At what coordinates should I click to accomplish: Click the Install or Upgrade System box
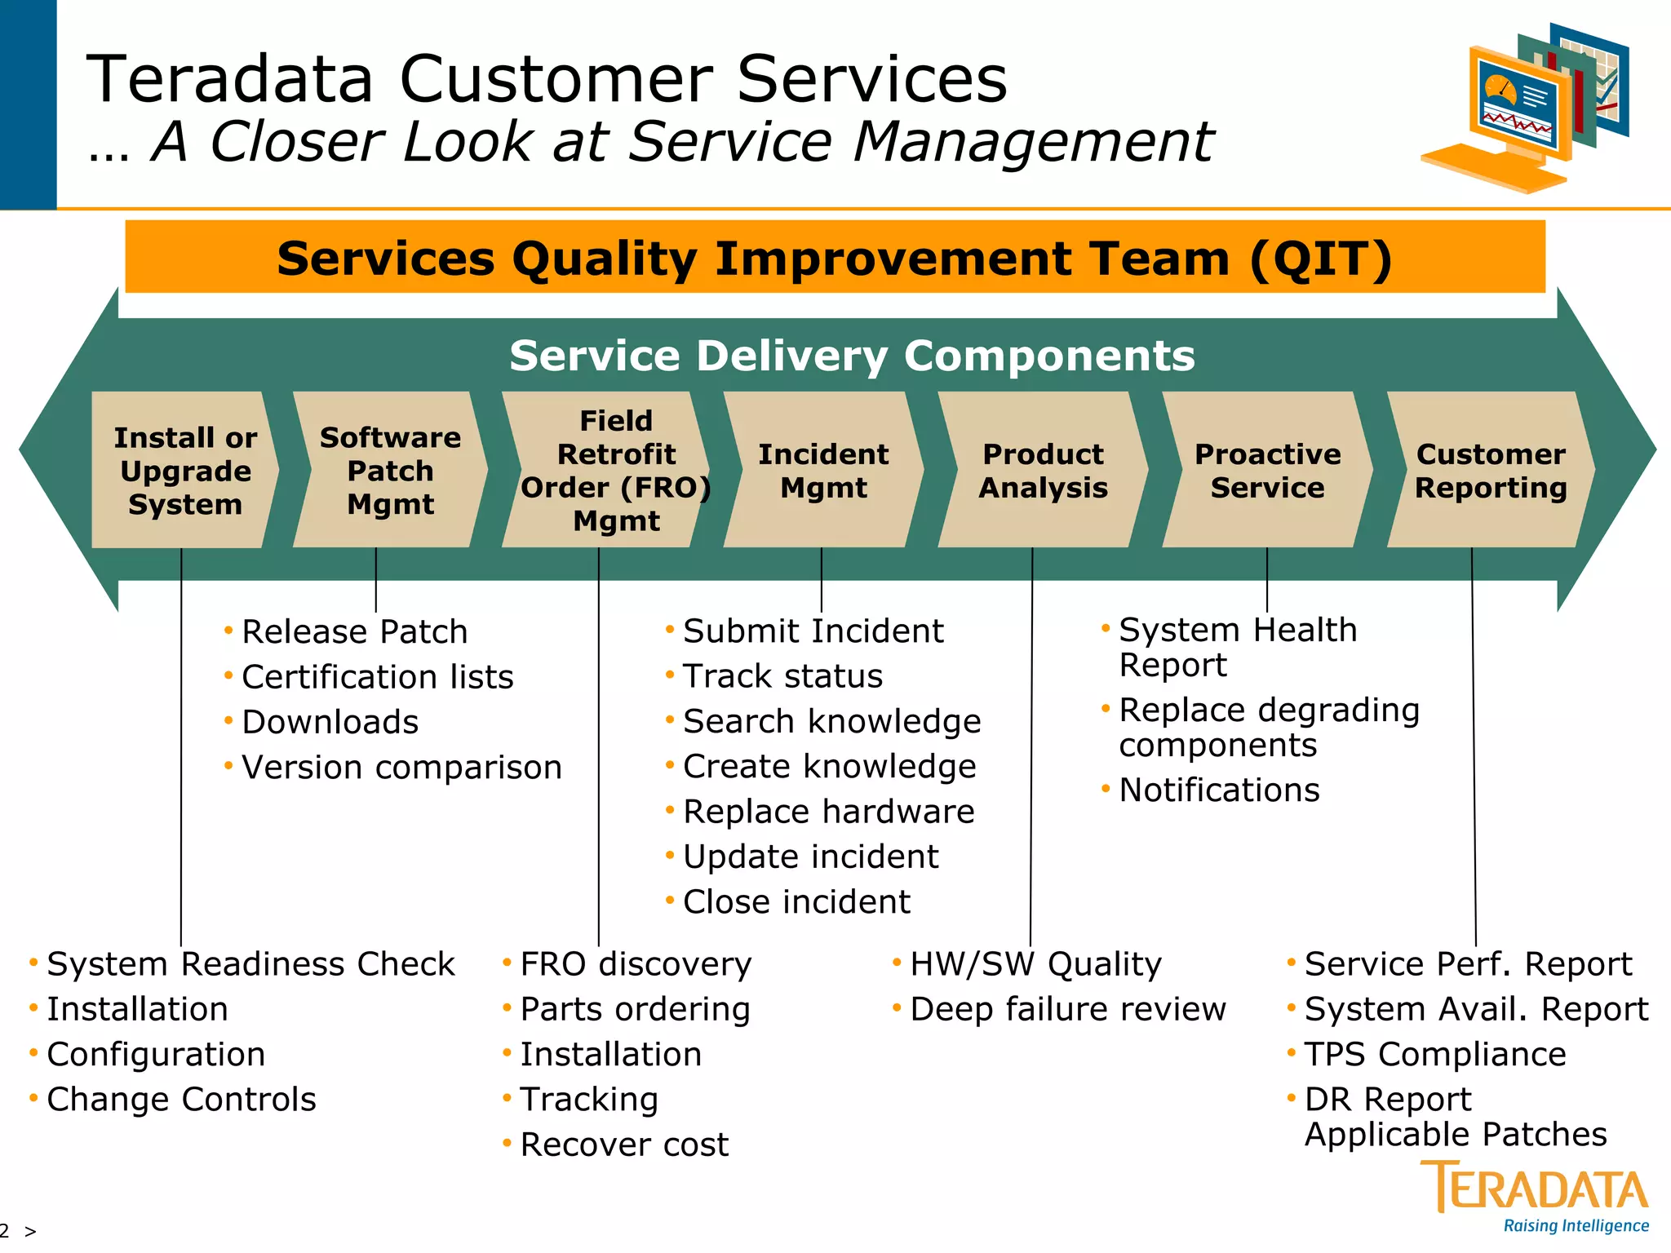pos(184,470)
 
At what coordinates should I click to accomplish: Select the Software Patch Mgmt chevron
pos(390,470)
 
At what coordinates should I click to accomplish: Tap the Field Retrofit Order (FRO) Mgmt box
pos(610,470)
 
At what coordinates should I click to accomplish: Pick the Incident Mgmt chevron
pos(822,470)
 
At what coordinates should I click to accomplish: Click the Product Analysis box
pos(1042,470)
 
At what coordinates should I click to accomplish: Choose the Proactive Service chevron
pos(1267,470)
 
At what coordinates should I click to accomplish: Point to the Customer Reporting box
pos(1490,470)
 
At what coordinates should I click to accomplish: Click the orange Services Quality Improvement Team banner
pos(834,258)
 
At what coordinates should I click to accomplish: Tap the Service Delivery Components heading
pos(852,356)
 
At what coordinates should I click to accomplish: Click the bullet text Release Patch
pos(354,632)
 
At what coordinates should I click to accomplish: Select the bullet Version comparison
pos(401,768)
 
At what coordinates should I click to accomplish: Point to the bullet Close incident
pos(796,902)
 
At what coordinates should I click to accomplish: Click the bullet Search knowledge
pos(831,722)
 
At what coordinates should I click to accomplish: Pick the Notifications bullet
pos(1218,790)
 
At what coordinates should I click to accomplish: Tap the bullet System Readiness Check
pos(250,964)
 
